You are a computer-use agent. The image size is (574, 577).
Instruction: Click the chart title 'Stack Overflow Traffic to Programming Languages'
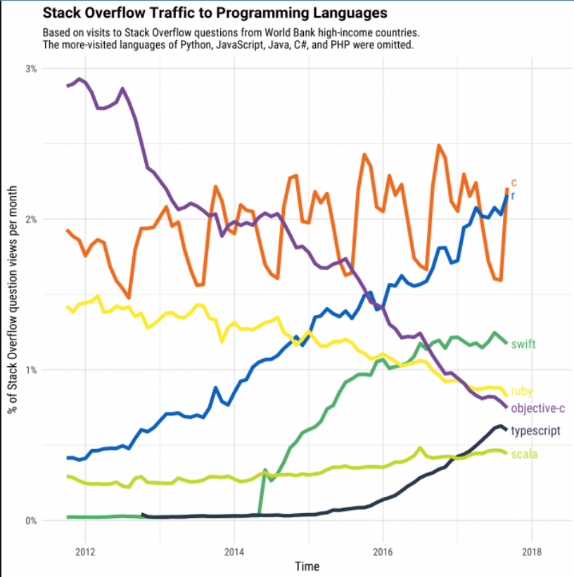(x=215, y=13)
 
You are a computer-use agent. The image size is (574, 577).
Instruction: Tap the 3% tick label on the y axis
(x=31, y=69)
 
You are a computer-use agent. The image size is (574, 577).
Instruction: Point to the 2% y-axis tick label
(x=31, y=219)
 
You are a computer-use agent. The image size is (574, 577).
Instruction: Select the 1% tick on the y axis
(x=31, y=370)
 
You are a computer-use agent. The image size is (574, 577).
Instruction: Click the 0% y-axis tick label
(x=31, y=521)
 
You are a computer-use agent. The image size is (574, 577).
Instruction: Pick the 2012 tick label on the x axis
(x=84, y=550)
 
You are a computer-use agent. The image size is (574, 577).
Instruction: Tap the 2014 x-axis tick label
(x=234, y=550)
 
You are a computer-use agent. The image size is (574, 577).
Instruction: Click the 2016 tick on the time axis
(x=383, y=550)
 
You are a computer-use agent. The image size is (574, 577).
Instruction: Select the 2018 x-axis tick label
(x=532, y=550)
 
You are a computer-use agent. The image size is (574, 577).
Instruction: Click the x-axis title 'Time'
(x=308, y=566)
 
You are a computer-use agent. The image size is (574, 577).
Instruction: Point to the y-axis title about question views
(x=13, y=295)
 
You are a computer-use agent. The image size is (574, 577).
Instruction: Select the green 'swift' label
(x=523, y=344)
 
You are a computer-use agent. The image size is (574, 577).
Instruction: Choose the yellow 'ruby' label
(x=521, y=391)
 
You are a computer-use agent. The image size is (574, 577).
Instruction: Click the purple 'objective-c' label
(x=537, y=408)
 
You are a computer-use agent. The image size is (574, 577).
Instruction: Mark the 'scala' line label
(x=524, y=454)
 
